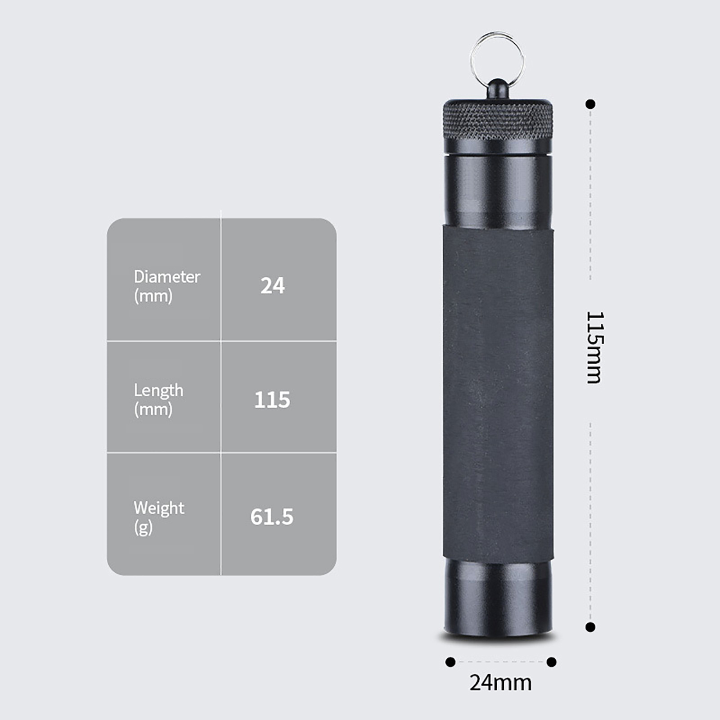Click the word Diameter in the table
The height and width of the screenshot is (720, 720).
(x=167, y=277)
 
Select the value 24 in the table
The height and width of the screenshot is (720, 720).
(x=273, y=286)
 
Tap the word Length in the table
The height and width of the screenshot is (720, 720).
(x=158, y=391)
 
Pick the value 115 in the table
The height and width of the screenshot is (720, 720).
(x=272, y=400)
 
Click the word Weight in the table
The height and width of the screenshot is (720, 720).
(x=159, y=508)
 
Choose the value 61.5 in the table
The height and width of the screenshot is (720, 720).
(x=272, y=517)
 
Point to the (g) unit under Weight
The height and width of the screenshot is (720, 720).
(x=144, y=527)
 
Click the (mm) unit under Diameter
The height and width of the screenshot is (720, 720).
(x=153, y=296)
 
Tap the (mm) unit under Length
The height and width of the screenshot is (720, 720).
(x=153, y=409)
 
